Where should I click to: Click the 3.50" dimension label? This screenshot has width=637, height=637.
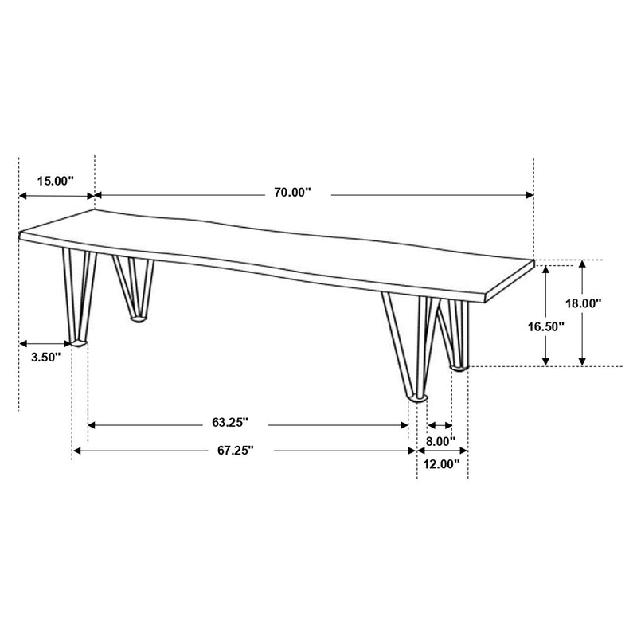(45, 358)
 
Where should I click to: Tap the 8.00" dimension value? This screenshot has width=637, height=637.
(440, 440)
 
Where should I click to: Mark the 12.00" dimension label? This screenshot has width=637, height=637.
(442, 464)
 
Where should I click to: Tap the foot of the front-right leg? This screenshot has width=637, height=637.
(418, 397)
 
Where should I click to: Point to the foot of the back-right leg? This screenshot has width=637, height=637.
(460, 366)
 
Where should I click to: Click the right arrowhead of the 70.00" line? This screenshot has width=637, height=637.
(529, 194)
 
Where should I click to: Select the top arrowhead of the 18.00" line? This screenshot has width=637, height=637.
(583, 265)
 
